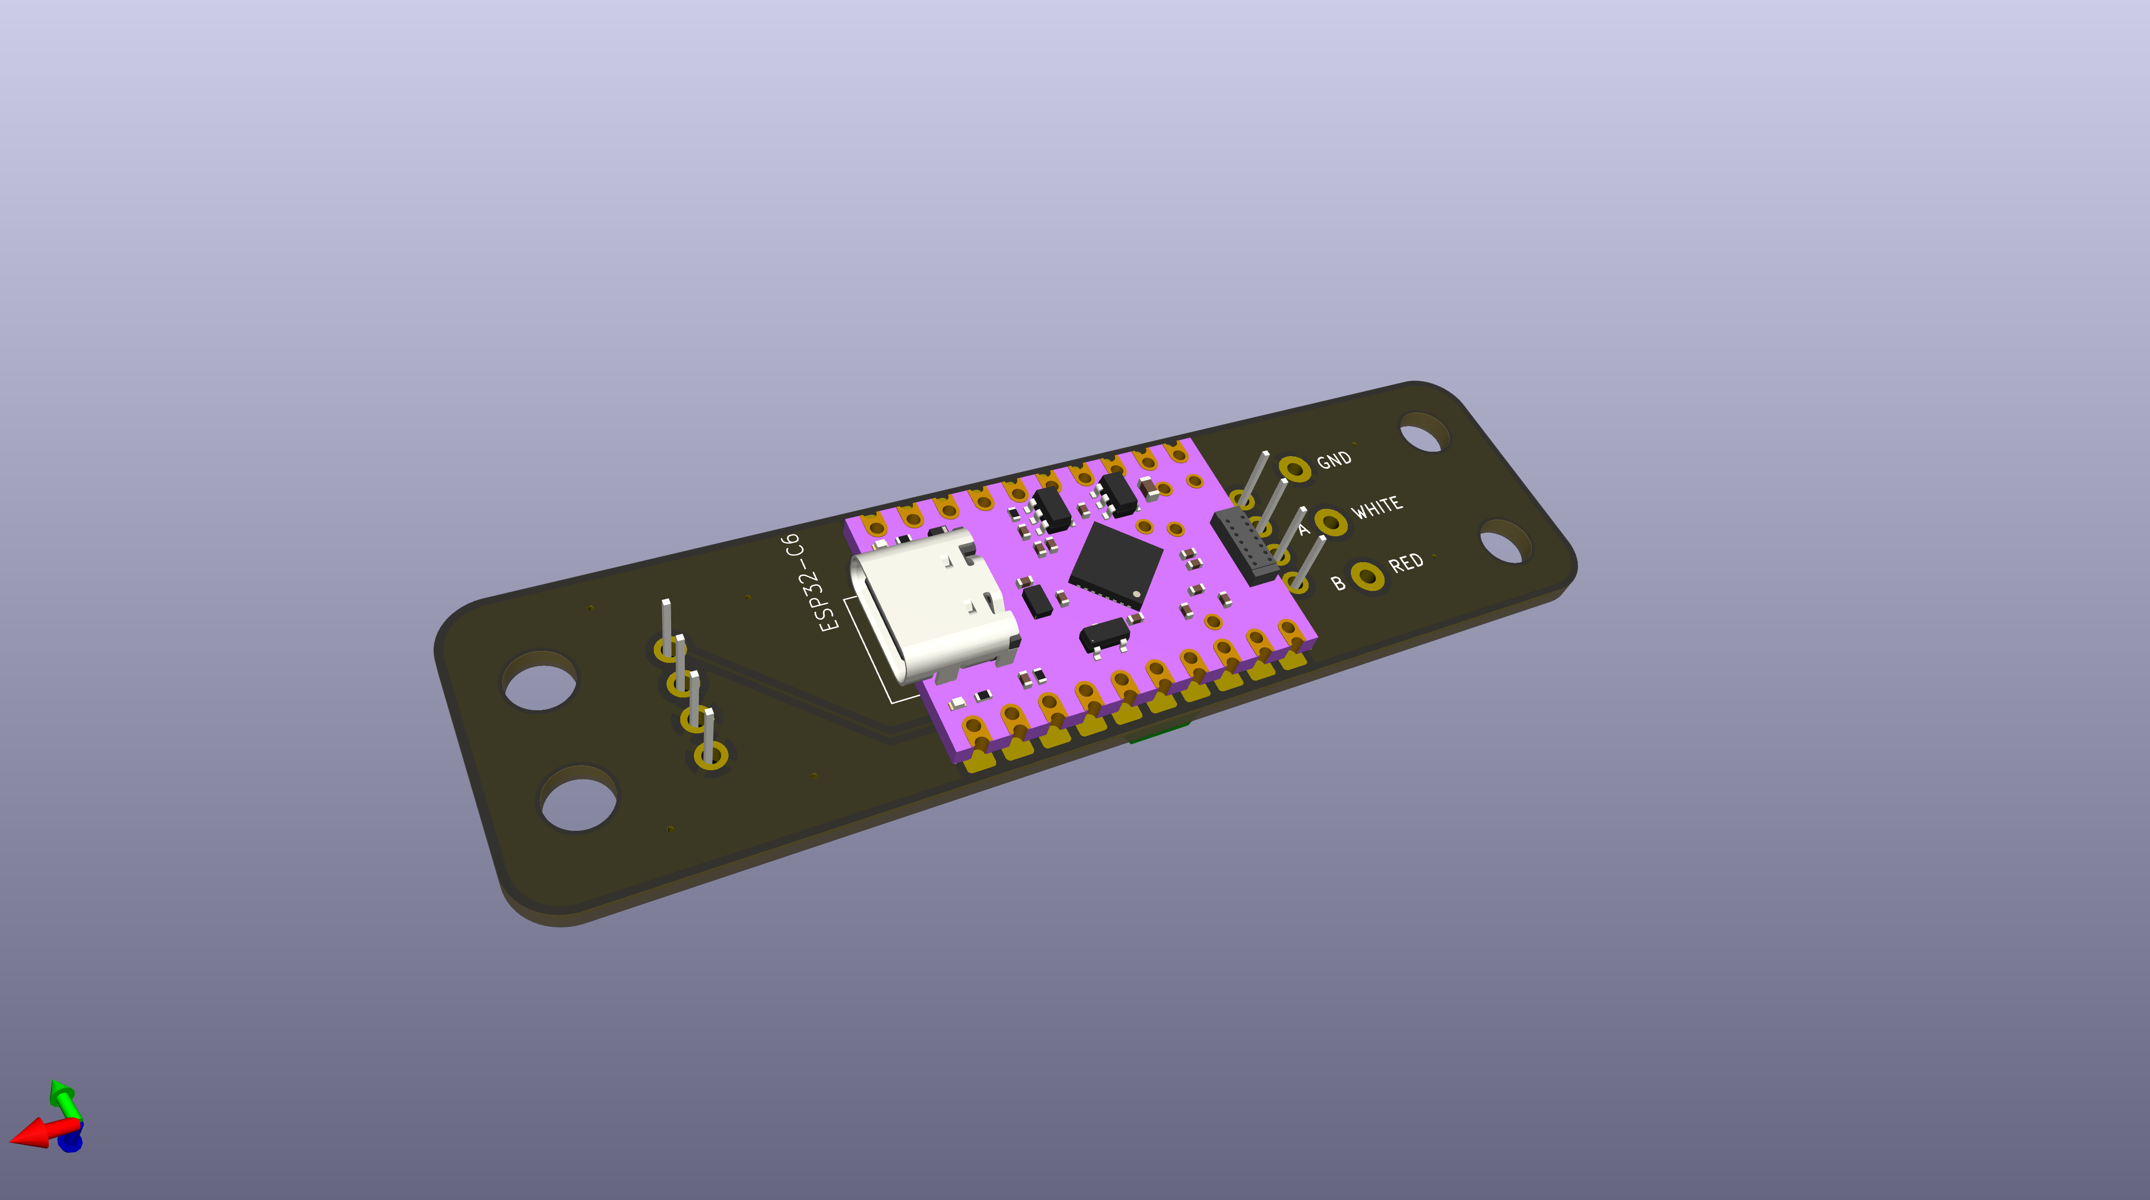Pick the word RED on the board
1406,563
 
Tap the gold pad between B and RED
1367,576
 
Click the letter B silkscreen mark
1338,583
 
